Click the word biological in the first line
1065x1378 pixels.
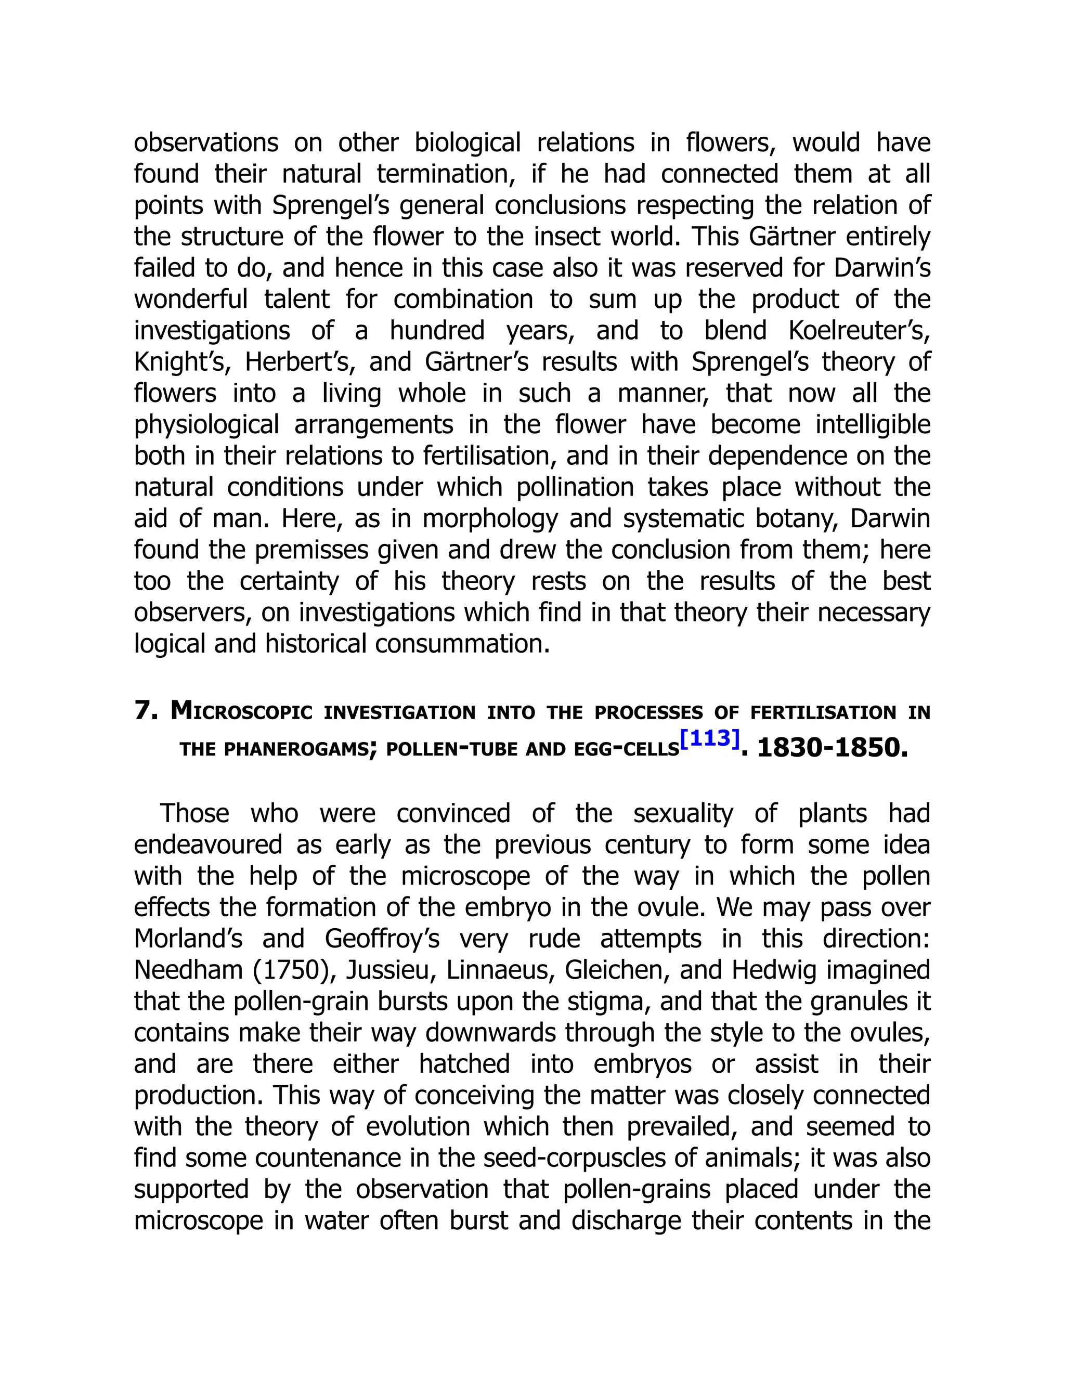point(467,143)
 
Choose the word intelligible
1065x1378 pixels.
point(873,425)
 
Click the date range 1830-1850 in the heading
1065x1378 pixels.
point(832,748)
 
